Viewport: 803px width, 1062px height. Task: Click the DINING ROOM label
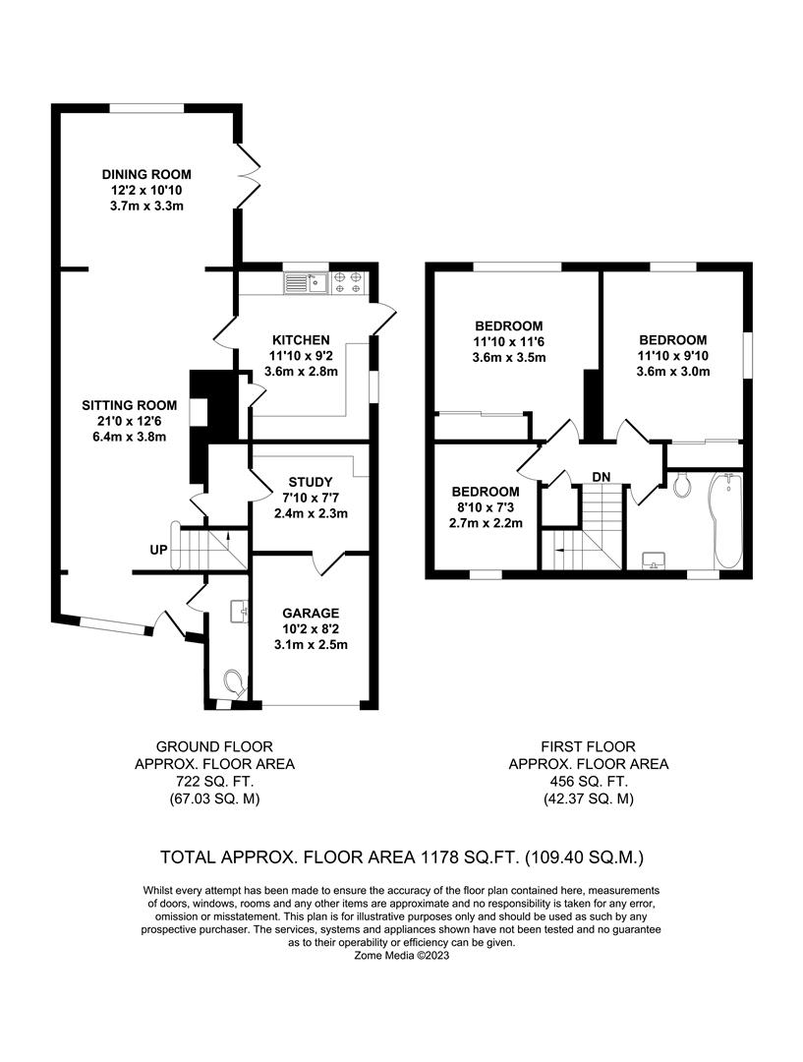pos(146,174)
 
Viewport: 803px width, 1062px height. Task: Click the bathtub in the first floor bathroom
pos(726,521)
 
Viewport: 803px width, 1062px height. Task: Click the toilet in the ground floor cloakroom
pos(234,679)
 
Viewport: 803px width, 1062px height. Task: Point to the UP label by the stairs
pos(158,549)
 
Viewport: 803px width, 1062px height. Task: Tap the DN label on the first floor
pos(602,477)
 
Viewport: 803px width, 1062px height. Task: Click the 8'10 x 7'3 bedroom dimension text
pos(486,507)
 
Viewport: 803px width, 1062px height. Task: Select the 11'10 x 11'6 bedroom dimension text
pos(508,341)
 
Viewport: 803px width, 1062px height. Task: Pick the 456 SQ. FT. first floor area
pos(588,781)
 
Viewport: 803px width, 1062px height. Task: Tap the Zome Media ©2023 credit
pos(401,955)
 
